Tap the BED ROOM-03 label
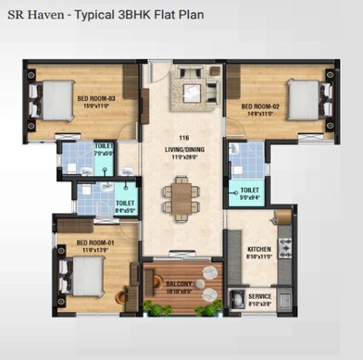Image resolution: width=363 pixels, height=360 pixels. pos(95,99)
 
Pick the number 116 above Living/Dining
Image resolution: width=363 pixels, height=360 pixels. pos(182,138)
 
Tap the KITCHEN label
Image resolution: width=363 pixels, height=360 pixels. pos(258,250)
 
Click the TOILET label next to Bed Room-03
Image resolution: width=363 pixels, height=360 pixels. pos(104,147)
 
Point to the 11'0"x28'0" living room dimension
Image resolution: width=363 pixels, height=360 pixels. pos(182,156)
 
